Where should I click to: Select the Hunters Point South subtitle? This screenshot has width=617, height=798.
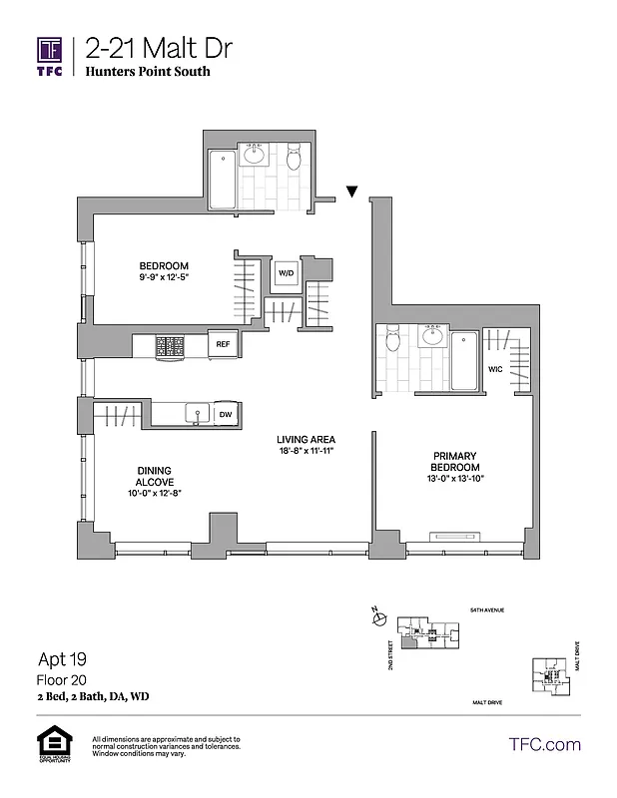pos(148,72)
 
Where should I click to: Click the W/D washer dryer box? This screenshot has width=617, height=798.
pos(286,272)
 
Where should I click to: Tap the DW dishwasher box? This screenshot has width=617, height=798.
pos(226,414)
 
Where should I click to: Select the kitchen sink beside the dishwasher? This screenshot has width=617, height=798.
pos(195,413)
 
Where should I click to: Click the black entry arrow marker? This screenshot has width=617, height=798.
pos(351,191)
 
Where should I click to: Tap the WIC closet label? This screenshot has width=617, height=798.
pos(494,369)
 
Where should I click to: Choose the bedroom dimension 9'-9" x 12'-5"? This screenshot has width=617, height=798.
pos(164,277)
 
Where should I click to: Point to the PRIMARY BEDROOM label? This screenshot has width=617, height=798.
pos(455,461)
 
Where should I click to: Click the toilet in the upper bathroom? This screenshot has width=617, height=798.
pos(294,159)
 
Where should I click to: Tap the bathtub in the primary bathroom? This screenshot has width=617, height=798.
pos(464,360)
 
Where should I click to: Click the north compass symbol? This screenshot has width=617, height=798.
pos(377,618)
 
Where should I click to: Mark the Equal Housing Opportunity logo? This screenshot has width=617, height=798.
pos(51,744)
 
